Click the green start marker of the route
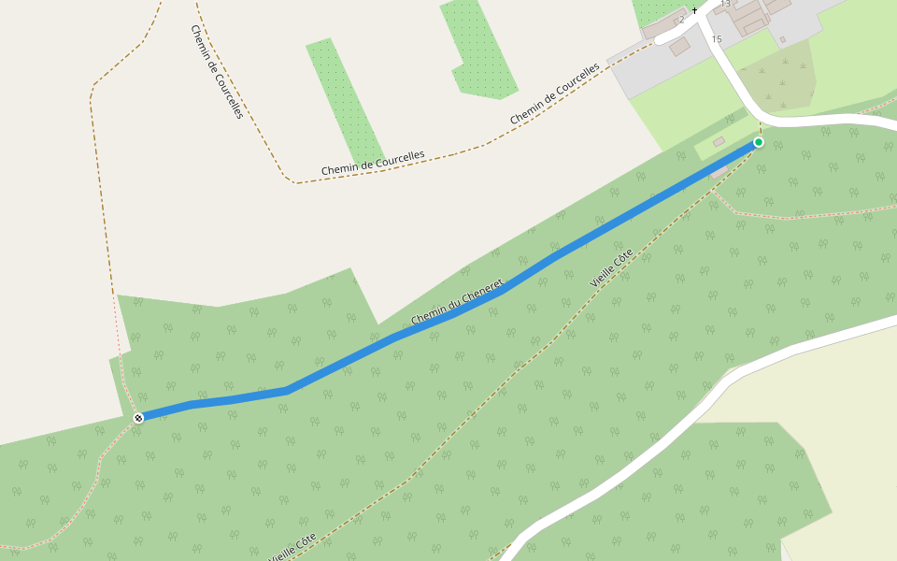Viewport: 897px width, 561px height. (759, 142)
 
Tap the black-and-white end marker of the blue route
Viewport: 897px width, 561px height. (138, 418)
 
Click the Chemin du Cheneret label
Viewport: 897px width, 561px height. (457, 302)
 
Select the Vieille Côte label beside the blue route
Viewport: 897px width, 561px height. (612, 267)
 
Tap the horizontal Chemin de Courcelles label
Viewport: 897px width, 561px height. (373, 163)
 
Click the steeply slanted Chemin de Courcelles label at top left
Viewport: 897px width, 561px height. (217, 71)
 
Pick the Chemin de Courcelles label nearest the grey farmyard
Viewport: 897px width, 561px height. (554, 94)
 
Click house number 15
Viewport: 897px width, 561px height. (717, 39)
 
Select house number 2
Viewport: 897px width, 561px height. (682, 20)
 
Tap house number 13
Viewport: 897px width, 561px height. (726, 5)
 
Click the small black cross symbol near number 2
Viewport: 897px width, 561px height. (694, 10)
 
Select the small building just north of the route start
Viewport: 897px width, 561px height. (719, 141)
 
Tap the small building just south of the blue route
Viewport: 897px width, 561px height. (719, 172)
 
